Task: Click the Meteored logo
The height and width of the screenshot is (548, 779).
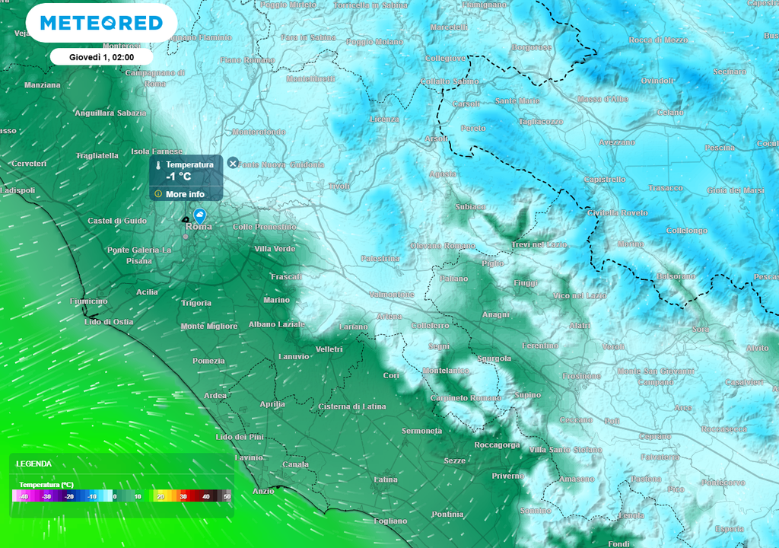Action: [101, 23]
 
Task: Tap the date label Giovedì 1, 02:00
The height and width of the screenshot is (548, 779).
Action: [101, 57]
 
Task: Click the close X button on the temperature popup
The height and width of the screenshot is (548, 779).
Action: [233, 163]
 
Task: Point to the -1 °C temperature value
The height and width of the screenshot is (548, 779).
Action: [179, 177]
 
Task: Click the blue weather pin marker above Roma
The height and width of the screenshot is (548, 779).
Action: [199, 215]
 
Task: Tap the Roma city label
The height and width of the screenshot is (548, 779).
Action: [199, 227]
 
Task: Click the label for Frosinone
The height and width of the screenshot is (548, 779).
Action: [581, 376]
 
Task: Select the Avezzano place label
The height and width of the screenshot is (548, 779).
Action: [616, 142]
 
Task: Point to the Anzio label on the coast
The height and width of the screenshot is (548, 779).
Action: [263, 491]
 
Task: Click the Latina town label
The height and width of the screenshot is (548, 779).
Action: [386, 479]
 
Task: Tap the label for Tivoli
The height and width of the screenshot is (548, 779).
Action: [339, 186]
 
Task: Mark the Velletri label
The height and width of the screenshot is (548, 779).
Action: [329, 349]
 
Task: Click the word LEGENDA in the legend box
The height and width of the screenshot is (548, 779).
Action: [34, 464]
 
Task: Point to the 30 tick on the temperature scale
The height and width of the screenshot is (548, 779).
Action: [183, 496]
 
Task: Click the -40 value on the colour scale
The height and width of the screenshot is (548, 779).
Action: [24, 496]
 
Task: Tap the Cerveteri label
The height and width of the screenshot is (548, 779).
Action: [29, 164]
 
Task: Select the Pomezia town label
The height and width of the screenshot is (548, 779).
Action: [208, 361]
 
